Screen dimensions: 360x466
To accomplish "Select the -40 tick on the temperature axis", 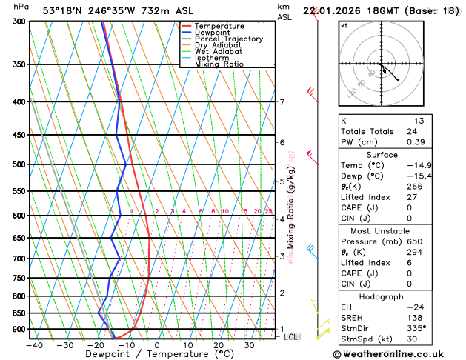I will click(x=33, y=344).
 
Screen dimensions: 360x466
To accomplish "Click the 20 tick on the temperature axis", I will click(x=219, y=344).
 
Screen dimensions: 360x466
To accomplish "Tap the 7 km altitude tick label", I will click(x=282, y=102).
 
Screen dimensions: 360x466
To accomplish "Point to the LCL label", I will click(x=292, y=336).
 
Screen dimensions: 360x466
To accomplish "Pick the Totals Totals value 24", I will click(x=412, y=131).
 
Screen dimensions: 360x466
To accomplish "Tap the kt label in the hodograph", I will click(x=344, y=26).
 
